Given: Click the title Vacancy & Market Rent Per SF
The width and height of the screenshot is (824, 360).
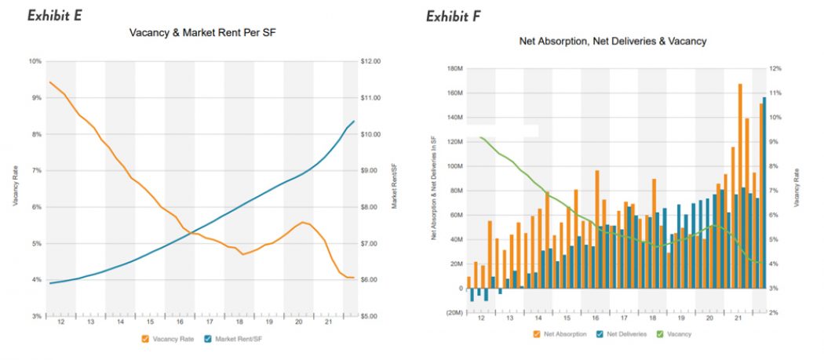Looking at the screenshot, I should coord(206,35).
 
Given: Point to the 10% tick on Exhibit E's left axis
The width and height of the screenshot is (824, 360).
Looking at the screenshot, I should coord(35,61).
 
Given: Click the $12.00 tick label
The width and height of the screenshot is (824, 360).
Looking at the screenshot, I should coord(370,61).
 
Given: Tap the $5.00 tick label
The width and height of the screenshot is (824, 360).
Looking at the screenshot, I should coord(370,316).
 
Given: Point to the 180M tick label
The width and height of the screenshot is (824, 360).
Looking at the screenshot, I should coord(454,69).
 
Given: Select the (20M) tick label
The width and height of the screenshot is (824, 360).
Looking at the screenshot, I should coord(454,313).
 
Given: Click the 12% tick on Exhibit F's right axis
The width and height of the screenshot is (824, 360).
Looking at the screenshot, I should coord(776,69).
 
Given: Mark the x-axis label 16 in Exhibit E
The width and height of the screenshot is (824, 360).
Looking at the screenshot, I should coord(180,322).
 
